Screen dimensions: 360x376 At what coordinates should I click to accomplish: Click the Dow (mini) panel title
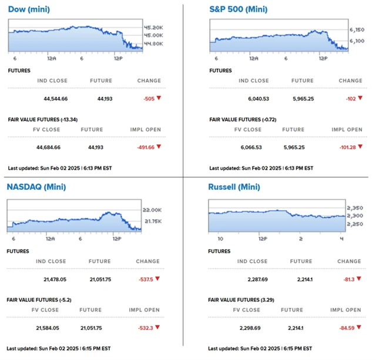[28, 9]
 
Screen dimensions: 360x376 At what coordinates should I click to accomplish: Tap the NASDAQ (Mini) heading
[36, 187]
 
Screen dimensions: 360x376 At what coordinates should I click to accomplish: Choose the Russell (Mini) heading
[233, 187]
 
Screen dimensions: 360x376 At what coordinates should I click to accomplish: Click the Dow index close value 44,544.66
[56, 98]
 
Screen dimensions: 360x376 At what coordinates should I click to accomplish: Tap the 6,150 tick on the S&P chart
[357, 29]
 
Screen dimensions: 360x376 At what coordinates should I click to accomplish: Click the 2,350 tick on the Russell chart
[354, 207]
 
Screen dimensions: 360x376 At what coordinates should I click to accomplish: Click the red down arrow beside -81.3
[359, 279]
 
